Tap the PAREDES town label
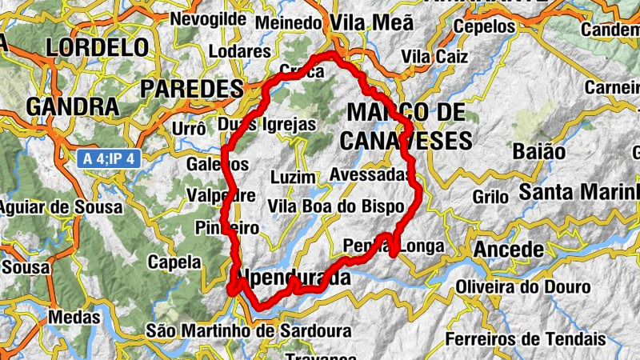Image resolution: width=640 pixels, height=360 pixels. point(191,89)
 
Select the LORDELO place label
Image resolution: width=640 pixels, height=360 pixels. point(98,47)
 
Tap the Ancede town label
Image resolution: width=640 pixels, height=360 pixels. point(508,250)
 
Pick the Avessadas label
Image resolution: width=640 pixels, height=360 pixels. point(370,174)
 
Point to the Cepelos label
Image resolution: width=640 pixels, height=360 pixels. point(484,26)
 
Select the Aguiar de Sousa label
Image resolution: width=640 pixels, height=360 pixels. point(61,208)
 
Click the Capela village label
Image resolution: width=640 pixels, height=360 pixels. point(174,262)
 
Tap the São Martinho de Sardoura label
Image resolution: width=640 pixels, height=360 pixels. point(249,330)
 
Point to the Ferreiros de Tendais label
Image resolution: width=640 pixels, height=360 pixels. point(526,338)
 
